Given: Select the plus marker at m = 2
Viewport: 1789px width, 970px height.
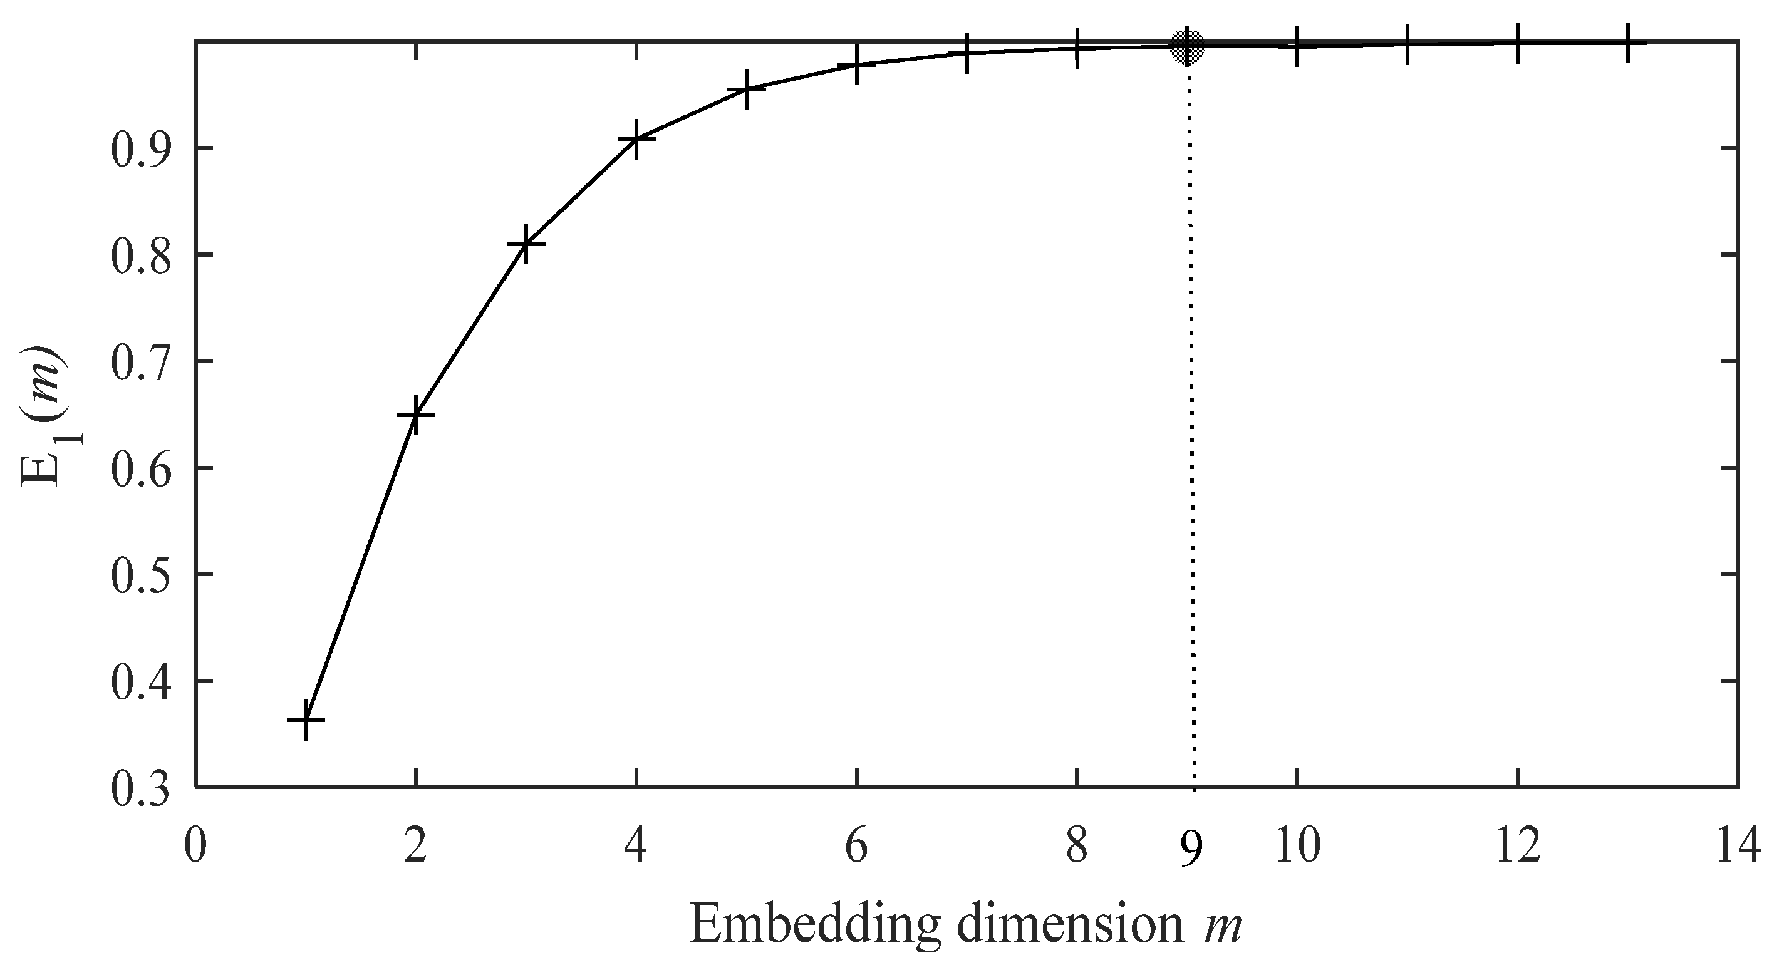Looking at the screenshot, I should (415, 415).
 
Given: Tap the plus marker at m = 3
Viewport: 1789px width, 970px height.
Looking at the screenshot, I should (526, 244).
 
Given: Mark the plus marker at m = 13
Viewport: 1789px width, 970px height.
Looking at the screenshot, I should (1627, 43).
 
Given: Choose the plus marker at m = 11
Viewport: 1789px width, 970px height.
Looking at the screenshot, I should (1407, 44).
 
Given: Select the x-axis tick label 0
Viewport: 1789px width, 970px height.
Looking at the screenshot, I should (196, 847).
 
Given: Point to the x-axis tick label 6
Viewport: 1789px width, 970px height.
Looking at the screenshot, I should (856, 847).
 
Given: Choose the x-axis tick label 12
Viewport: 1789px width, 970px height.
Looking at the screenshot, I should (1517, 847).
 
